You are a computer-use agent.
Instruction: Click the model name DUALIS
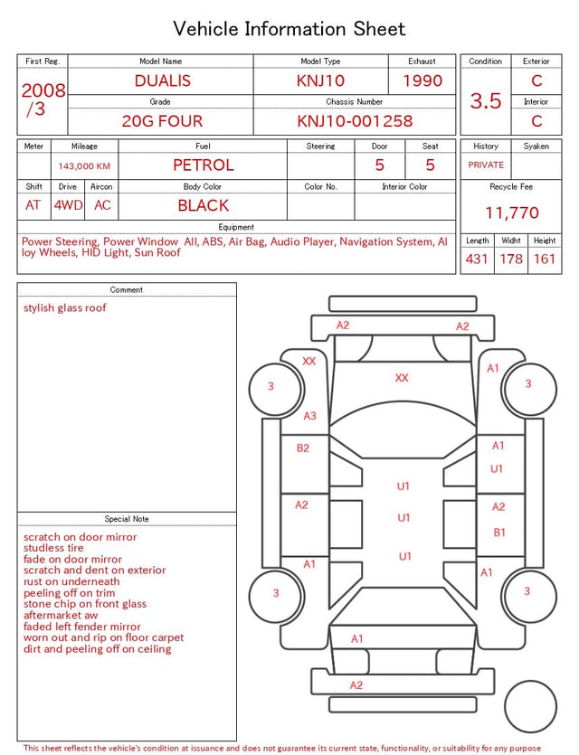162,80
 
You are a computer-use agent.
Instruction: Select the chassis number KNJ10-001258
355,121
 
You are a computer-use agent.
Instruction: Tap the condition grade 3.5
486,100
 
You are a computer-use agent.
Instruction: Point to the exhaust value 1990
422,80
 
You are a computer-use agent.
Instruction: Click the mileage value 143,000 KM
84,166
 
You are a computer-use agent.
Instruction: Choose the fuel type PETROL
204,165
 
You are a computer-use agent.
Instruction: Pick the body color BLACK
204,205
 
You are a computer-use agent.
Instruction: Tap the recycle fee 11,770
511,212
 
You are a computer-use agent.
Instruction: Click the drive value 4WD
68,205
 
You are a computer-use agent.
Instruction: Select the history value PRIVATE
486,165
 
